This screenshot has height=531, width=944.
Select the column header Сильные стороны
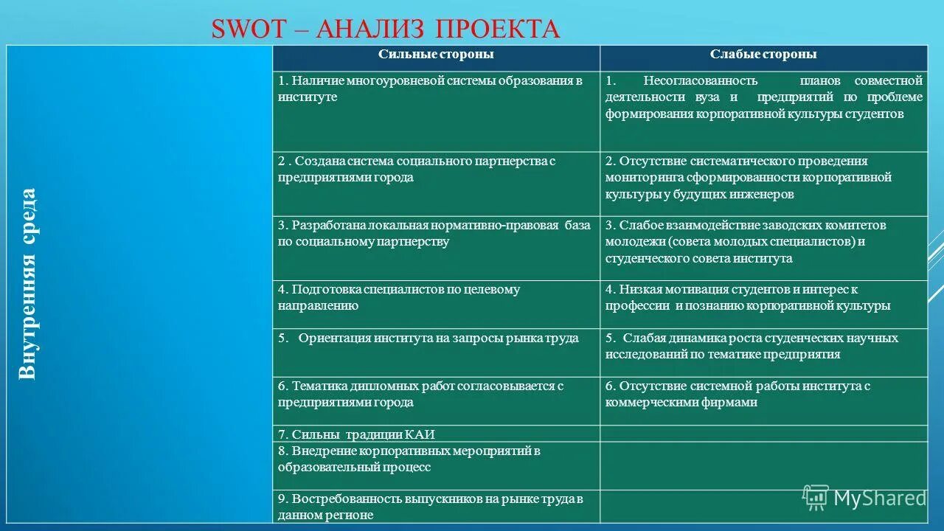pos(436,55)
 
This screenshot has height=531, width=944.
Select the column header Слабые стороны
pos(763,55)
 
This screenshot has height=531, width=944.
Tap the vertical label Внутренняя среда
pos(27,284)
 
